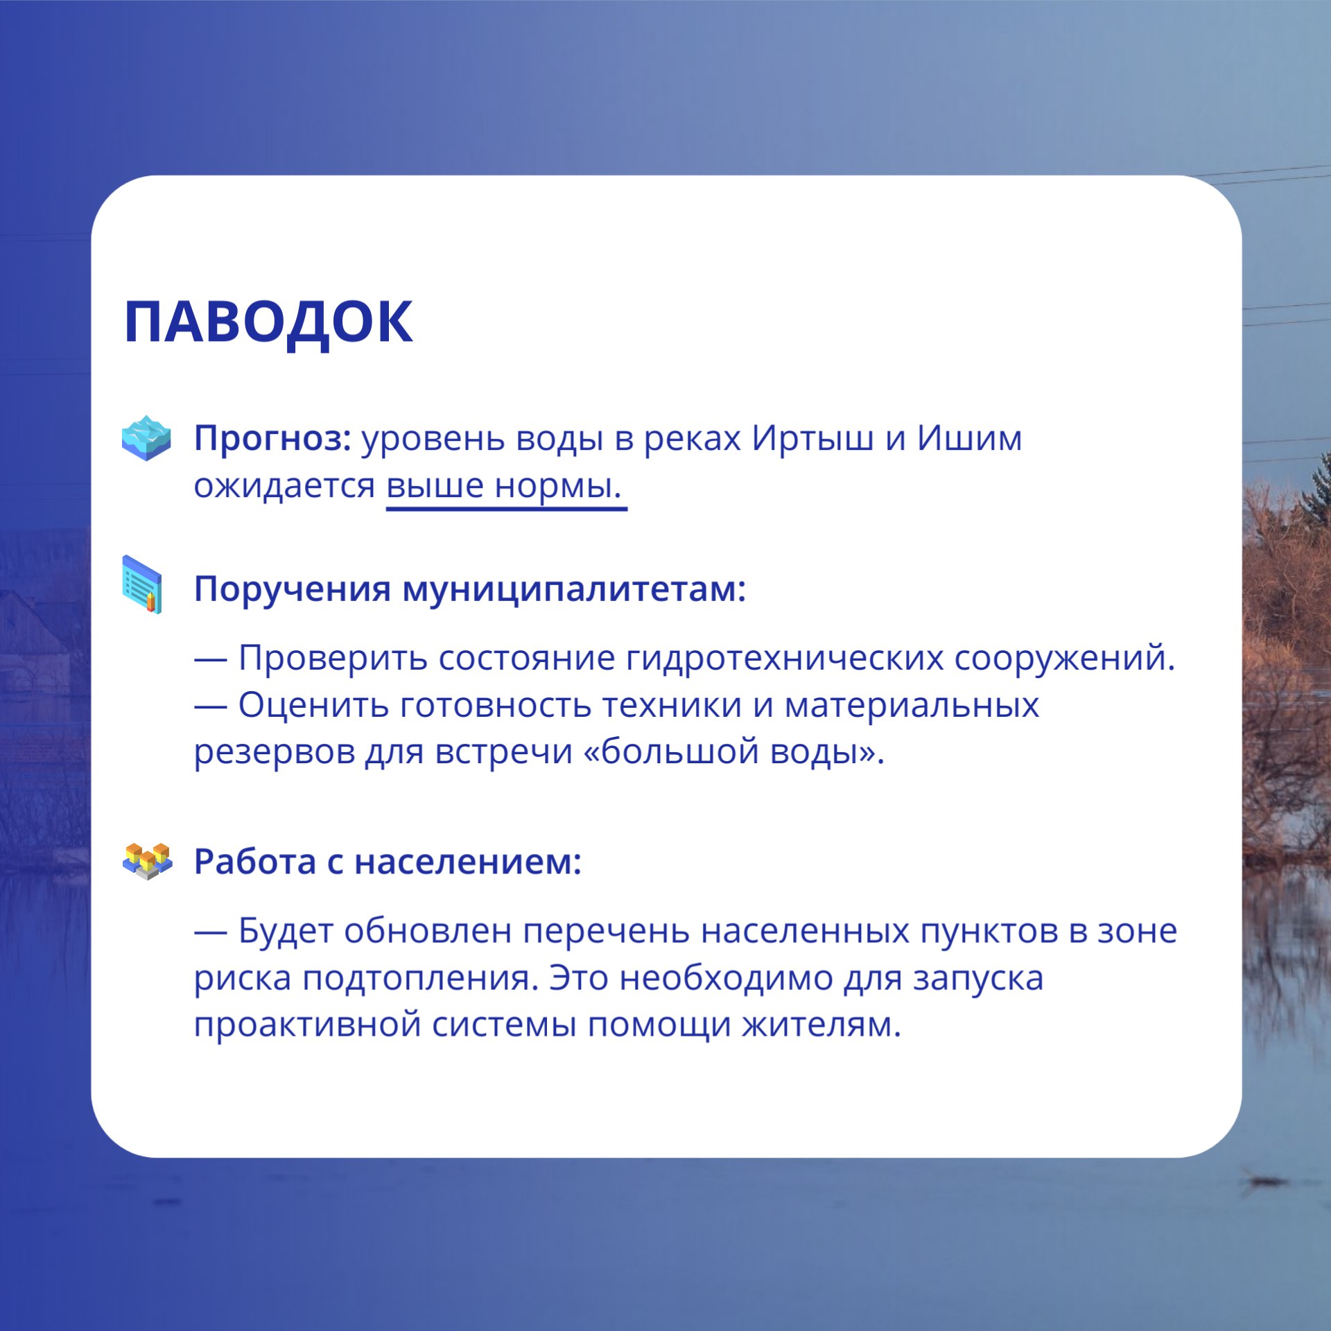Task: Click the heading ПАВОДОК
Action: [x=268, y=322]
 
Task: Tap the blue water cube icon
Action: [x=146, y=438]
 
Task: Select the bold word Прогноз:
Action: [x=272, y=439]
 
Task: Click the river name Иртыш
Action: [x=812, y=438]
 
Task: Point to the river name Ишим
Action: [x=969, y=438]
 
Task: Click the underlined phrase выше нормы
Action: [x=504, y=485]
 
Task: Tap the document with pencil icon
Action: [x=143, y=584]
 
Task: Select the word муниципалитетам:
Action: [x=574, y=589]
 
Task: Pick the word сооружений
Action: [x=1064, y=657]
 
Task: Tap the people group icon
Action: [x=147, y=861]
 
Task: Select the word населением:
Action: [x=468, y=862]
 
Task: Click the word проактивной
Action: [x=307, y=1025]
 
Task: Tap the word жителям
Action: [x=821, y=1025]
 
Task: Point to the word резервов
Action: [x=274, y=752]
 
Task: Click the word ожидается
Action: [x=284, y=485]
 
